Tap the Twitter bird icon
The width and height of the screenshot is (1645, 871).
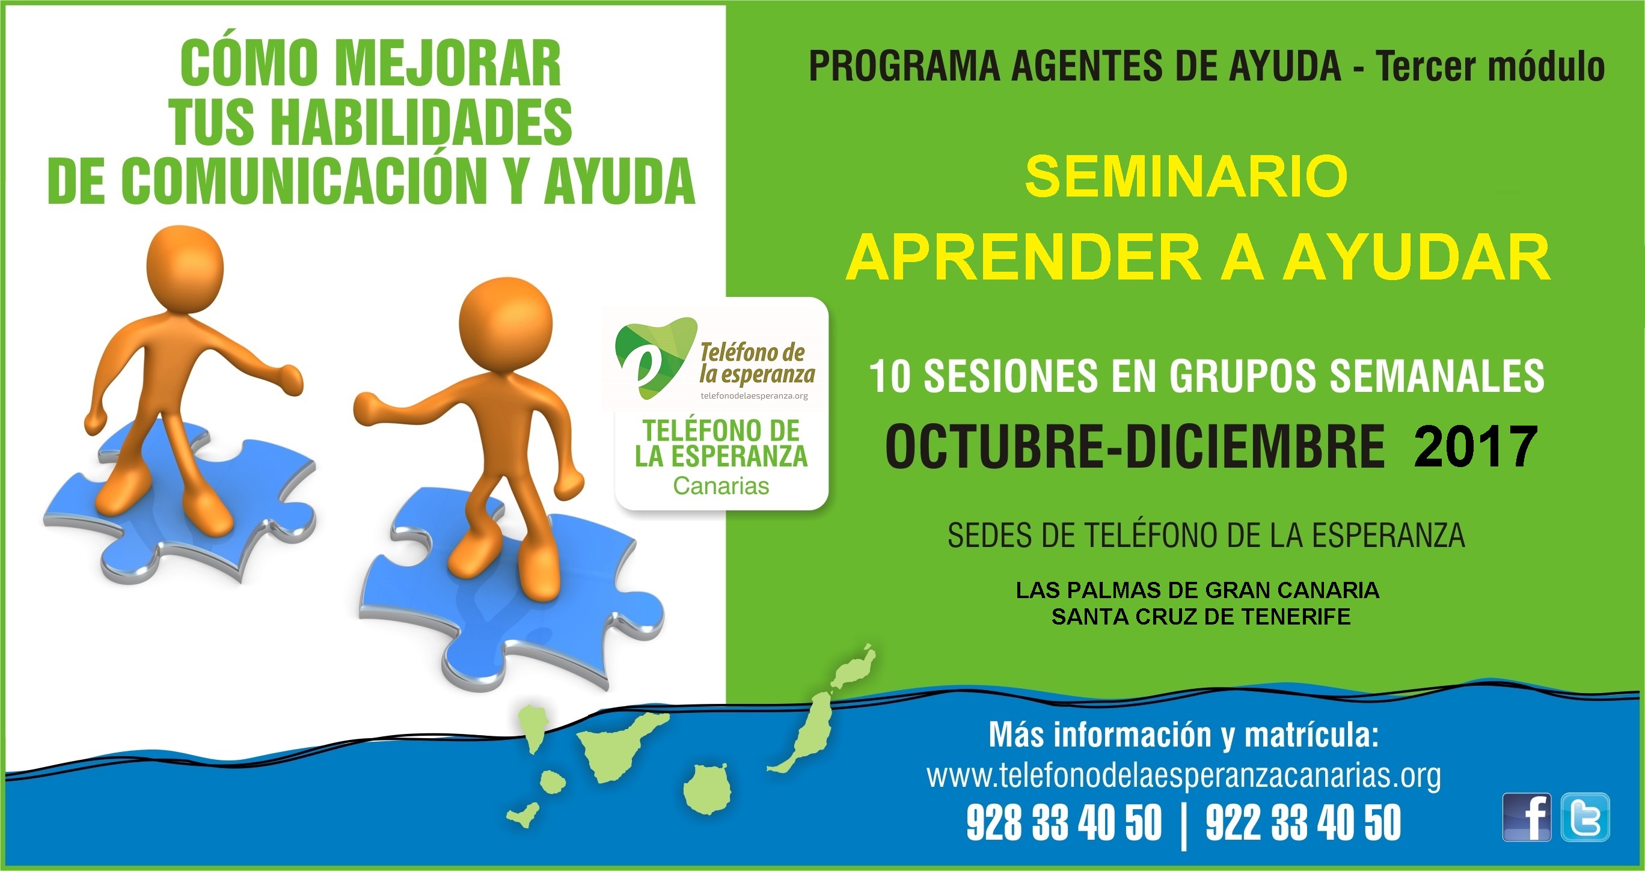pyautogui.click(x=1585, y=818)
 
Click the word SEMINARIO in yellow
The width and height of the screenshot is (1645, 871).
pyautogui.click(x=1186, y=177)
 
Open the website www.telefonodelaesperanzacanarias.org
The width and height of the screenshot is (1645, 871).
pyautogui.click(x=1183, y=775)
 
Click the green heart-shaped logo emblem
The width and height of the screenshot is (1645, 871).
pyautogui.click(x=655, y=358)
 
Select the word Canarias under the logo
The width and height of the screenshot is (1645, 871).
pyautogui.click(x=721, y=486)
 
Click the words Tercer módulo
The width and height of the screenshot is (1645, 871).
pyautogui.click(x=1490, y=66)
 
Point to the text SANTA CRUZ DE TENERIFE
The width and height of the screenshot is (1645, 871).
pyautogui.click(x=1201, y=617)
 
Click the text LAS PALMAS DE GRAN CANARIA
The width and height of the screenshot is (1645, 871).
pyautogui.click(x=1198, y=590)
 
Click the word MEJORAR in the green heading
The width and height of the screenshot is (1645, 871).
pyautogui.click(x=448, y=63)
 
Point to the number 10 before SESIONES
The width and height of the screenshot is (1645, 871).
pyautogui.click(x=890, y=376)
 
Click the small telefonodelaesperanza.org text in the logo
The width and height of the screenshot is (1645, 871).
pyautogui.click(x=754, y=396)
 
